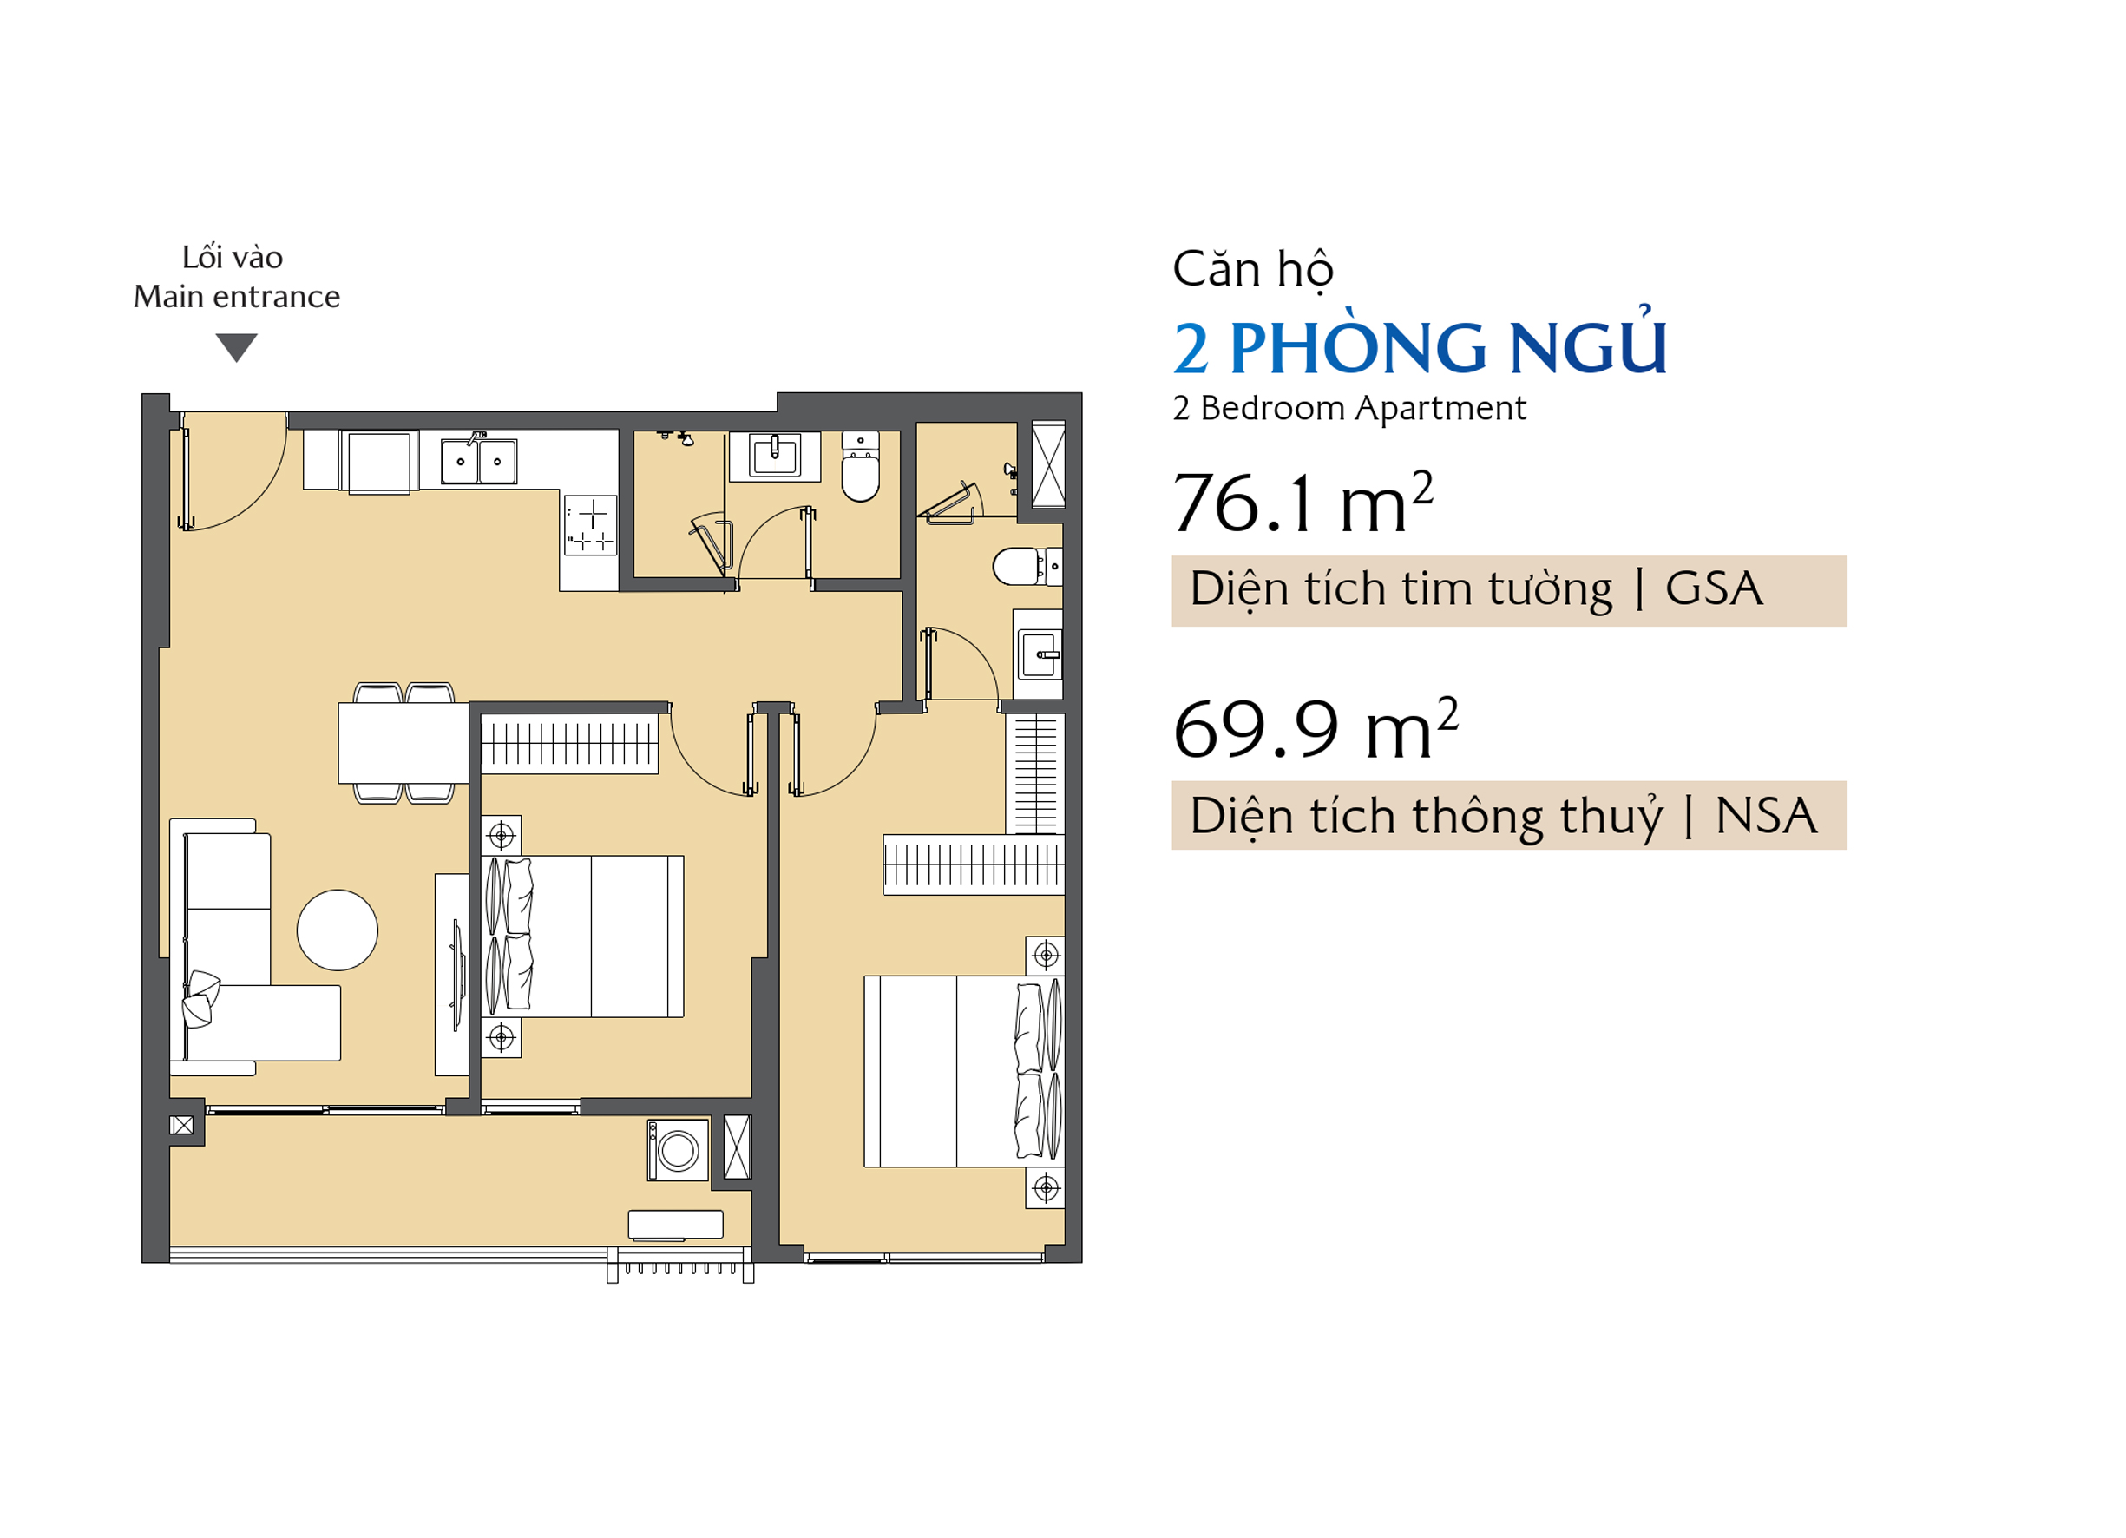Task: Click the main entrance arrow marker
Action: (x=236, y=347)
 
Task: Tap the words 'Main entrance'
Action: (x=236, y=296)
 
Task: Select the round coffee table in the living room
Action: (x=338, y=930)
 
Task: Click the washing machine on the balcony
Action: (x=678, y=1150)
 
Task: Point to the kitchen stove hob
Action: (x=591, y=525)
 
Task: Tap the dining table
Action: (x=404, y=743)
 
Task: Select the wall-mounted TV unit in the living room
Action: (x=453, y=976)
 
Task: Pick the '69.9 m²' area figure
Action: (x=1316, y=729)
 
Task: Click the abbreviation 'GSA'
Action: (x=1714, y=589)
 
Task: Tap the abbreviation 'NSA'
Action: (x=1766, y=816)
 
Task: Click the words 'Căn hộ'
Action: (x=1252, y=270)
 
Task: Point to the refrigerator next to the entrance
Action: (x=380, y=463)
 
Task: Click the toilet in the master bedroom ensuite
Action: (x=1027, y=567)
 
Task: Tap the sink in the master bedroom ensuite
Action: (x=1040, y=654)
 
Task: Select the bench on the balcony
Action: (x=675, y=1225)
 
